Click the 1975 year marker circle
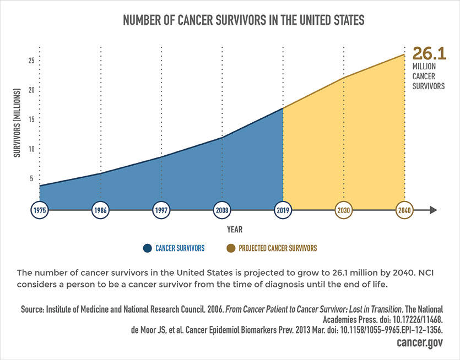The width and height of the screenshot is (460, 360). [x=40, y=210]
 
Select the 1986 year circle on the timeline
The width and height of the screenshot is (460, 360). [x=100, y=210]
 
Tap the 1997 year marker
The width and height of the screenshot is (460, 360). [x=161, y=210]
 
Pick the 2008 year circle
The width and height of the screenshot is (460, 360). [x=222, y=210]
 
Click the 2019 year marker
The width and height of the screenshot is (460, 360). [x=283, y=210]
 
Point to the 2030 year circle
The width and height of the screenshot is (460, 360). [x=344, y=210]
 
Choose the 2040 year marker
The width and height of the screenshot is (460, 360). [x=404, y=210]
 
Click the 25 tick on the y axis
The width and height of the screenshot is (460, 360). [x=32, y=61]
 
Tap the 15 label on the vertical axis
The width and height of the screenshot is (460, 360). [x=32, y=119]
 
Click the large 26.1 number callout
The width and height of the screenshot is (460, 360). [x=429, y=54]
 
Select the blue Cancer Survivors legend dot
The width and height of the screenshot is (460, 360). [x=147, y=248]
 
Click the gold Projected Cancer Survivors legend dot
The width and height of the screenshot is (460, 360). [x=230, y=248]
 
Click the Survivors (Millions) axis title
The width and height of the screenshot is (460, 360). [x=17, y=121]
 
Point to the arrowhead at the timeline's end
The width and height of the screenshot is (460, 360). [x=433, y=210]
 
